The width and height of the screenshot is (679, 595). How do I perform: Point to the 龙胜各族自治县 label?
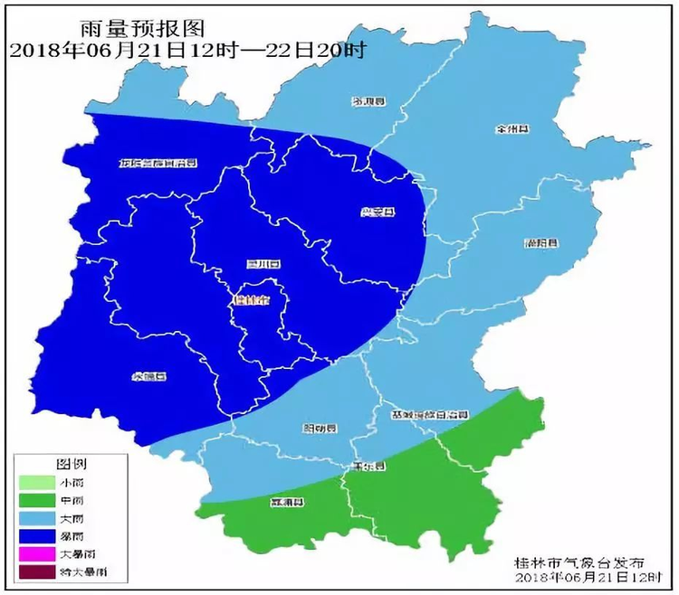158,164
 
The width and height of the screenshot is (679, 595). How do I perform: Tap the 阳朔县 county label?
319,428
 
